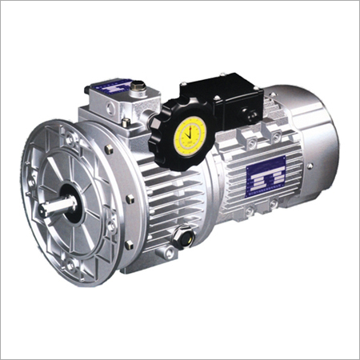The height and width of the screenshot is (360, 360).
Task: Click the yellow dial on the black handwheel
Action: click(x=192, y=130)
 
